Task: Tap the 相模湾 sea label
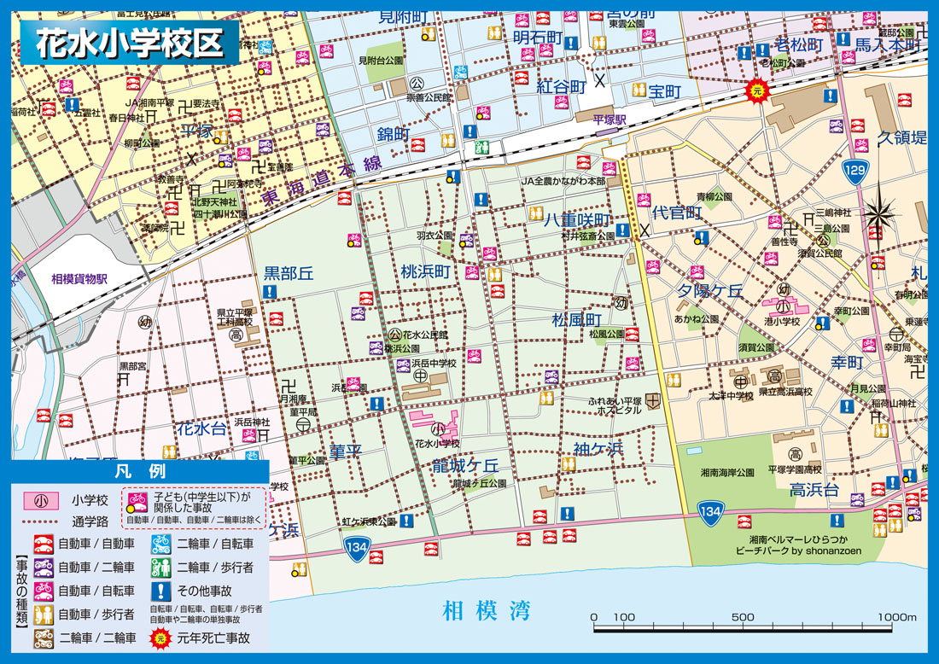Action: click(486, 611)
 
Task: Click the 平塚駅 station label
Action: click(609, 120)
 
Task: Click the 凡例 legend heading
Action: click(139, 471)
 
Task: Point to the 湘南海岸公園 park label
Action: click(727, 472)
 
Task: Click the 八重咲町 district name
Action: click(578, 219)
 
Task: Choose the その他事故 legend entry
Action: click(203, 590)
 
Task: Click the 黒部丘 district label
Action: click(289, 273)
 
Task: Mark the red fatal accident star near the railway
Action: click(755, 89)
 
